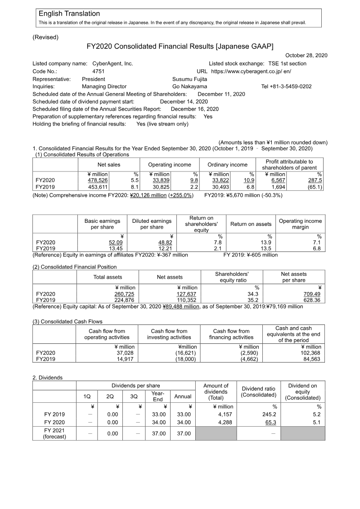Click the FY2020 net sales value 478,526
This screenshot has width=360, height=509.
click(x=98, y=180)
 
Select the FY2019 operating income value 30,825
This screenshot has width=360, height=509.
click(x=161, y=187)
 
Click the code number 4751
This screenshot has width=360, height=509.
click(x=99, y=71)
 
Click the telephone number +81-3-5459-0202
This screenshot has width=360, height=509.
click(x=286, y=86)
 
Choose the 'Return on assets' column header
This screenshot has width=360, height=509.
click(x=251, y=224)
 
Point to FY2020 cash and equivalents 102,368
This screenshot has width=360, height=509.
click(x=310, y=353)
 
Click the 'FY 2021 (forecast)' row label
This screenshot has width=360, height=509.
click(x=54, y=434)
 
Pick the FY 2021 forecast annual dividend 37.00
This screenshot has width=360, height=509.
click(x=183, y=433)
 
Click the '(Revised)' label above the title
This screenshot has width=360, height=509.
click(x=45, y=37)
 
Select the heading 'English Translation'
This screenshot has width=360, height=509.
click(x=69, y=14)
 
